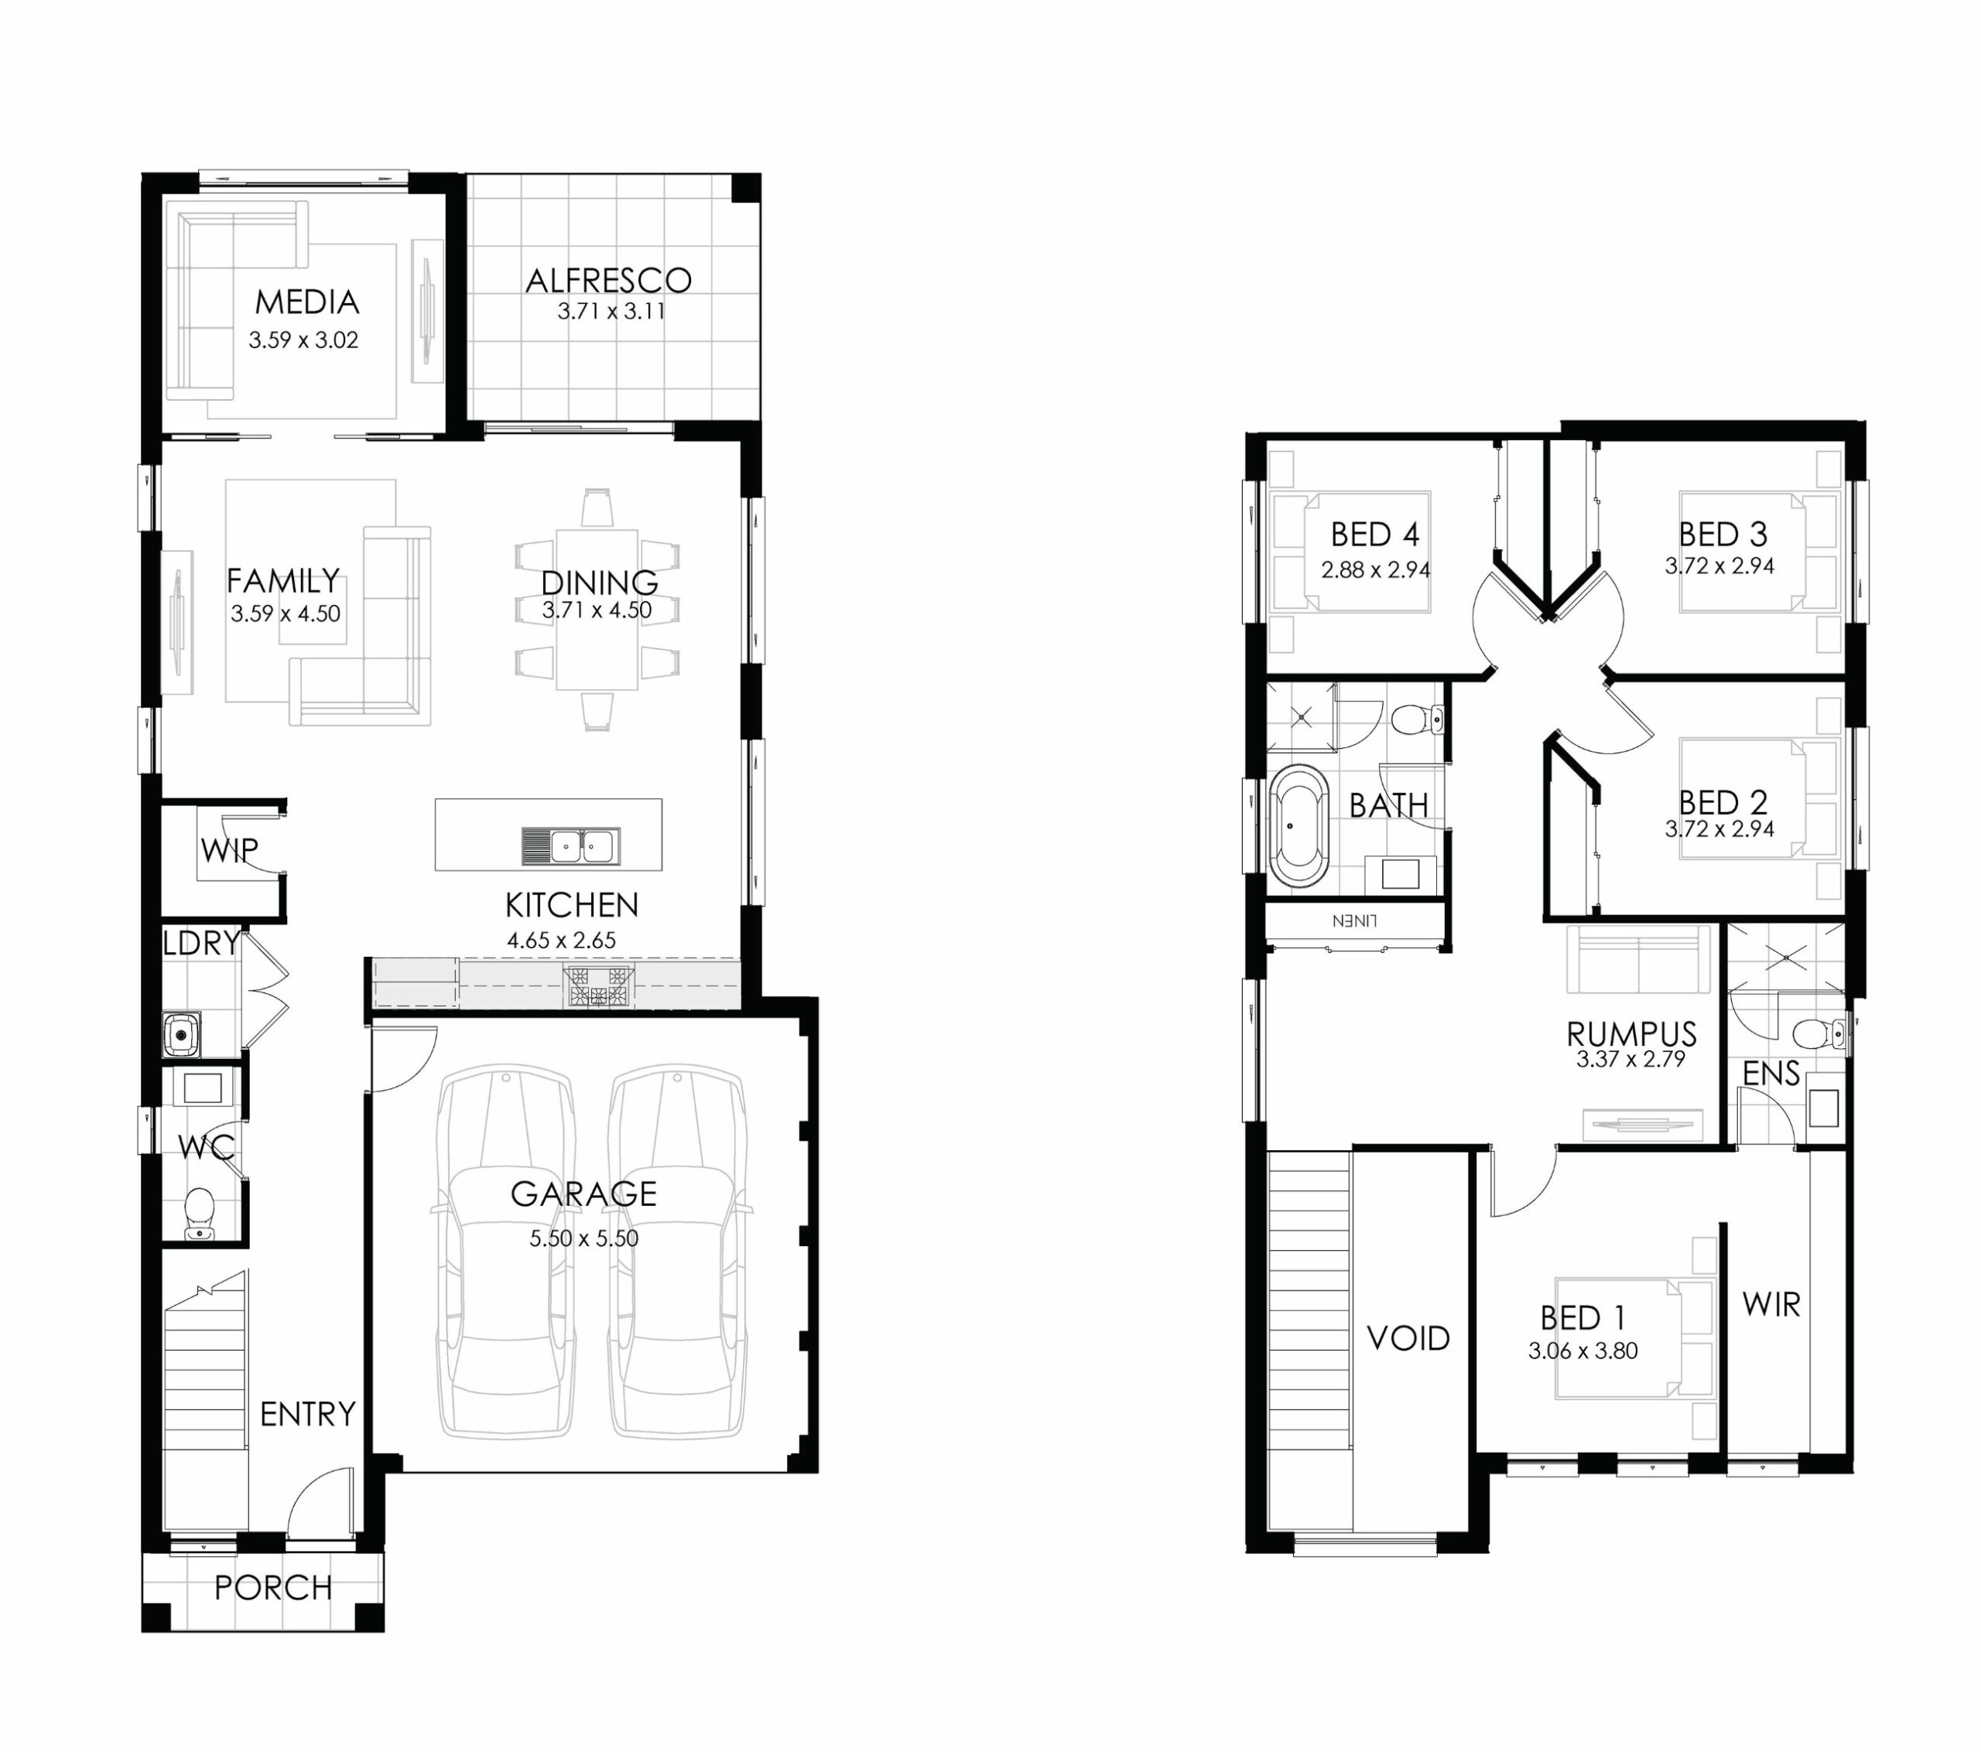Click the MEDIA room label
[x=307, y=302]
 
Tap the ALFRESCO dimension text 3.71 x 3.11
[x=611, y=312]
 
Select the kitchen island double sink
[x=571, y=847]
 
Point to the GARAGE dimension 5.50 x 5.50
[x=583, y=1238]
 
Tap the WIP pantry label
[x=230, y=850]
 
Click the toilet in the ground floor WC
[x=200, y=1211]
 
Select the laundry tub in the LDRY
[x=181, y=1035]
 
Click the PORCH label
[x=273, y=1588]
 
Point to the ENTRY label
[x=308, y=1415]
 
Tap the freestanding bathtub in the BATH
[x=1298, y=827]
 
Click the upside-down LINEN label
[x=1354, y=920]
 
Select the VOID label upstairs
[x=1408, y=1339]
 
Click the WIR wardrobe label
[x=1771, y=1305]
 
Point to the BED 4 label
[x=1374, y=534]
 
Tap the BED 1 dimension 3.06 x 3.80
[x=1582, y=1351]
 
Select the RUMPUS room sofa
[x=1639, y=958]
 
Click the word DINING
[x=599, y=582]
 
